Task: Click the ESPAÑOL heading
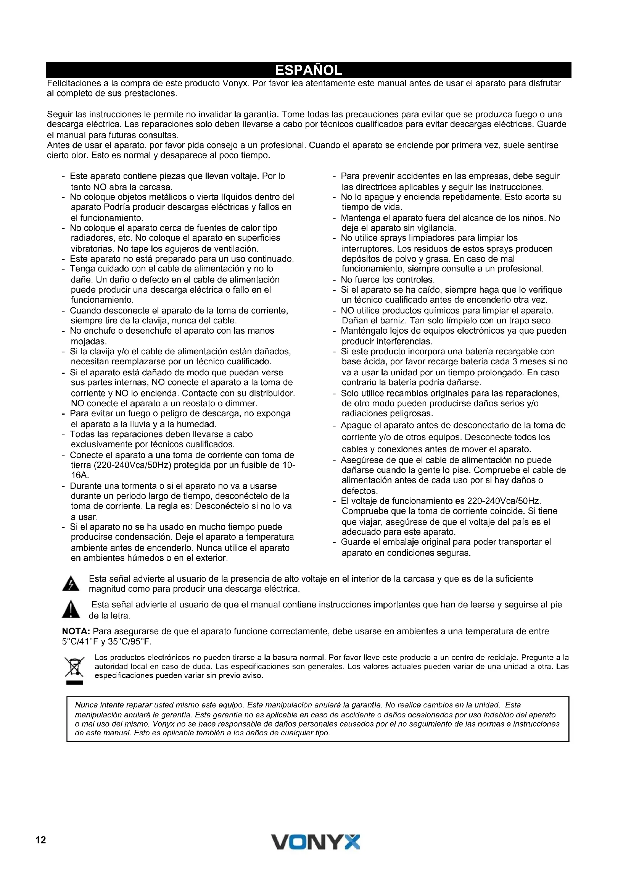pyautogui.click(x=309, y=70)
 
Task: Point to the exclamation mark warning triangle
pyautogui.click(x=71, y=609)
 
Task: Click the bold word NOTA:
pyautogui.click(x=76, y=631)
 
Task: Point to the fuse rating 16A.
pyautogui.click(x=79, y=475)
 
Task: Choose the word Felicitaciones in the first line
pyautogui.click(x=72, y=83)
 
